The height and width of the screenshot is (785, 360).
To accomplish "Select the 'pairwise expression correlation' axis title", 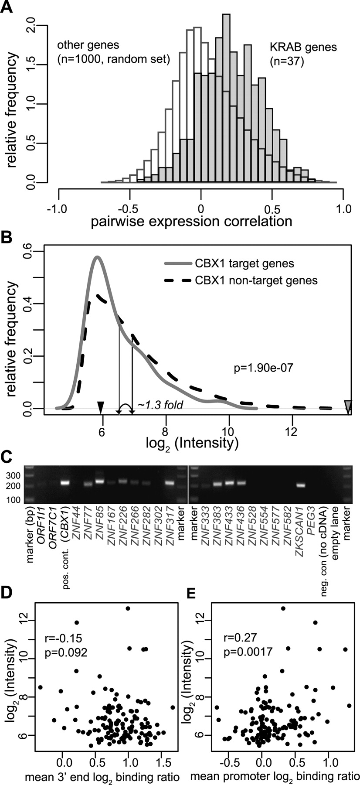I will (191, 221).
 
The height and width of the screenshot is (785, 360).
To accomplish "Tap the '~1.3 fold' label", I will (160, 406).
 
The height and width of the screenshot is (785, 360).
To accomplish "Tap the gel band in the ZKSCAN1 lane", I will (300, 485).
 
